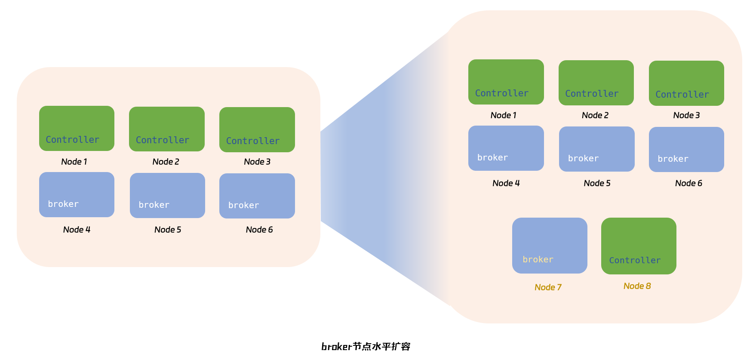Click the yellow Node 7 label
pyautogui.click(x=548, y=287)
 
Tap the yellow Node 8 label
pyautogui.click(x=637, y=286)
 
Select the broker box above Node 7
pyautogui.click(x=550, y=245)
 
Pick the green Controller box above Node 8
pyautogui.click(x=639, y=246)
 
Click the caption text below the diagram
pyautogui.click(x=366, y=347)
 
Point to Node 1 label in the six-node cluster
pyautogui.click(x=74, y=162)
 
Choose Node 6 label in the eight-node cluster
pyautogui.click(x=688, y=183)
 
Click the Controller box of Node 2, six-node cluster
pyautogui.click(x=167, y=129)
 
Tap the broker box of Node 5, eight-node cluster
pyautogui.click(x=596, y=149)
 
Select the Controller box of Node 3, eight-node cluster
pyautogui.click(x=686, y=83)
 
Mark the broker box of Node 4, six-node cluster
pyautogui.click(x=77, y=194)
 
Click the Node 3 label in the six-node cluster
pyautogui.click(x=257, y=162)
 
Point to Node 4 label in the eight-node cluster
pyautogui.click(x=506, y=183)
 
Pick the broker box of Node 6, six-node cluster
pyautogui.click(x=257, y=196)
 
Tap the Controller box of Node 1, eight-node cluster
pyautogui.click(x=506, y=82)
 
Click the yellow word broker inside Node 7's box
pyautogui.click(x=538, y=259)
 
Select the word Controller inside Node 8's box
pyautogui.click(x=635, y=260)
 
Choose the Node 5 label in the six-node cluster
pyautogui.click(x=168, y=230)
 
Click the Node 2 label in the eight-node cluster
pyautogui.click(x=595, y=115)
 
